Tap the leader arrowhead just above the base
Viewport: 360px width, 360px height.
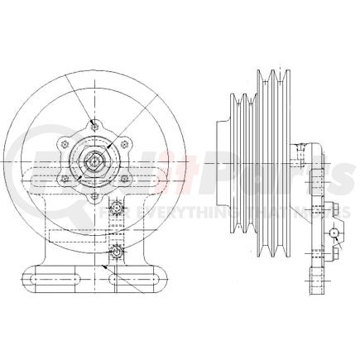(x=108, y=266)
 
